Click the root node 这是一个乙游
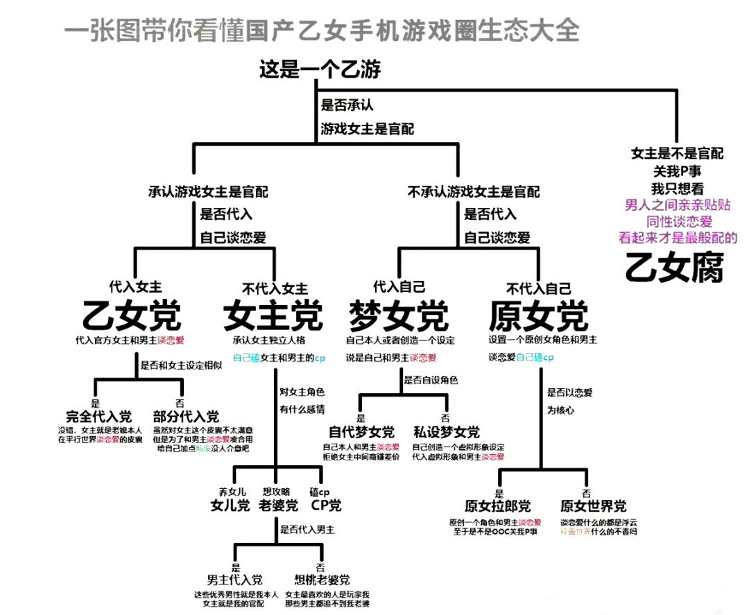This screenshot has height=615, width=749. click(320, 69)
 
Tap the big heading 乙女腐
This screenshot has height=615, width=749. click(674, 267)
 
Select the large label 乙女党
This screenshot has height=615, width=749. click(132, 316)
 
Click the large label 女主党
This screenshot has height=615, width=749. click(273, 316)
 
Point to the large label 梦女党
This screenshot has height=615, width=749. click(398, 316)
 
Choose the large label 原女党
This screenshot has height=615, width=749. click(538, 316)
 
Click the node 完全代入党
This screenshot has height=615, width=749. click(98, 417)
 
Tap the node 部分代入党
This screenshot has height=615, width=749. click(186, 417)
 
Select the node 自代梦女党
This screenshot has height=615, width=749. click(361, 433)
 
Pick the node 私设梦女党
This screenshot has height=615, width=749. click(446, 433)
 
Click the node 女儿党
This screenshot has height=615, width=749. click(230, 505)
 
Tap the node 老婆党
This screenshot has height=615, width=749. click(277, 505)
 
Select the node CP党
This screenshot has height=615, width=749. click(326, 505)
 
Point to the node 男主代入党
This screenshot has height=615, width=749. click(235, 580)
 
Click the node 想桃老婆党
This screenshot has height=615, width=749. click(322, 580)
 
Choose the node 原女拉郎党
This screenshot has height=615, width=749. click(497, 505)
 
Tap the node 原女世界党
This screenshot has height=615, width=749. click(593, 505)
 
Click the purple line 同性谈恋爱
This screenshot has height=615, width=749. click(679, 221)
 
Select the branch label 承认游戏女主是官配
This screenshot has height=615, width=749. click(208, 191)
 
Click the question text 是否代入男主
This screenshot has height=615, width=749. click(307, 530)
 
